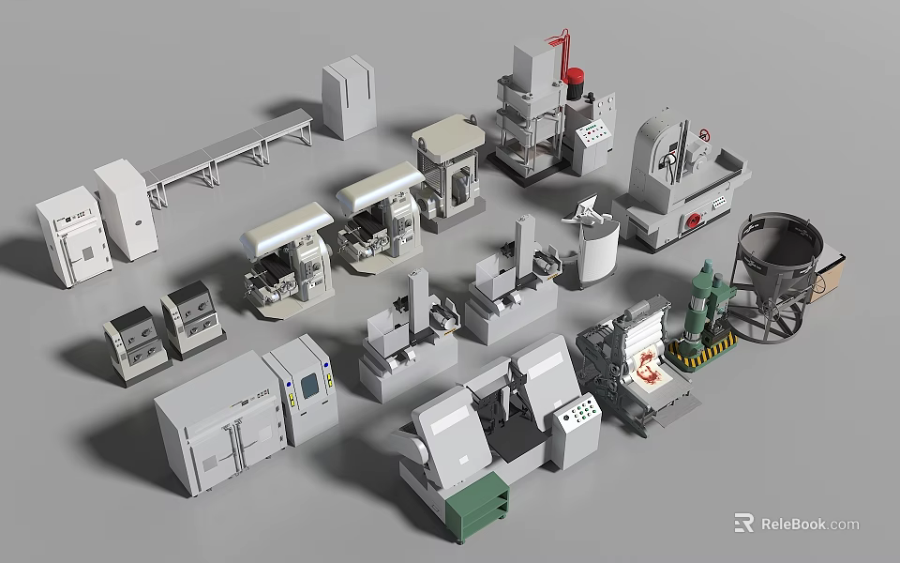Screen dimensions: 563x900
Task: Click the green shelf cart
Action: tap(477, 507)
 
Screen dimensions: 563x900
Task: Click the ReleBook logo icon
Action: tap(744, 524)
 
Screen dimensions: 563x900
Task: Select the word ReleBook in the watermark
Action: tap(793, 524)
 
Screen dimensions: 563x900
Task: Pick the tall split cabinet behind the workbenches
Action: tap(349, 101)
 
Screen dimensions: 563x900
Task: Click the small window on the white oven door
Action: tap(86, 252)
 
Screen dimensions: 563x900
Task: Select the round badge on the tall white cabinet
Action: tap(139, 222)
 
